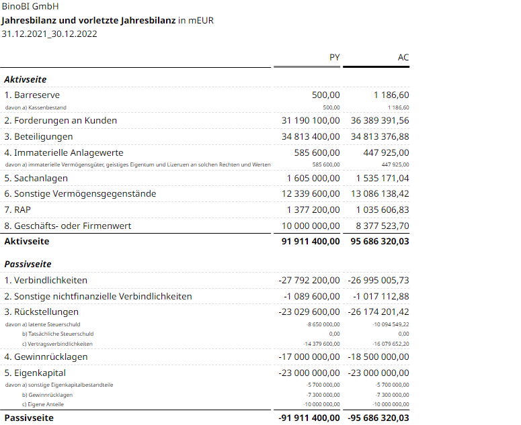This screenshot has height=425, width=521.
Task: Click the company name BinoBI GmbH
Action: coord(30,7)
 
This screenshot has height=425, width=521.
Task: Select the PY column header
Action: coord(334,57)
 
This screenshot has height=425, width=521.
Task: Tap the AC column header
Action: coord(403,57)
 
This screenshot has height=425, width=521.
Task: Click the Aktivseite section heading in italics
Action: coord(26,79)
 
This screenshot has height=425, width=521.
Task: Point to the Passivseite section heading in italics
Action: coord(28,264)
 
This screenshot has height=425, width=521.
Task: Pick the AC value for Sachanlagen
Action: coord(382,178)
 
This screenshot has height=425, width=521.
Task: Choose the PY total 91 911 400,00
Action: coord(311,240)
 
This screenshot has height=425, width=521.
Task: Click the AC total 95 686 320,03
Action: coord(380,240)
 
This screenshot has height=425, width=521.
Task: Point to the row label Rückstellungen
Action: coord(42,312)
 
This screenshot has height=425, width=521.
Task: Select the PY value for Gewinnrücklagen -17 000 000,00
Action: coord(309,357)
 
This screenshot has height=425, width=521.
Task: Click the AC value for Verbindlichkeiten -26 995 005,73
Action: coord(378,280)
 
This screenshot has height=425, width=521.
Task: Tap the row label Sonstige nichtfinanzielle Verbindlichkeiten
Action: coord(98,296)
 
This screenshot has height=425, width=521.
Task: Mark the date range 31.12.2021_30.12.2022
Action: coord(49,34)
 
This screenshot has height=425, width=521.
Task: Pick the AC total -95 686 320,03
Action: coord(378,418)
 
